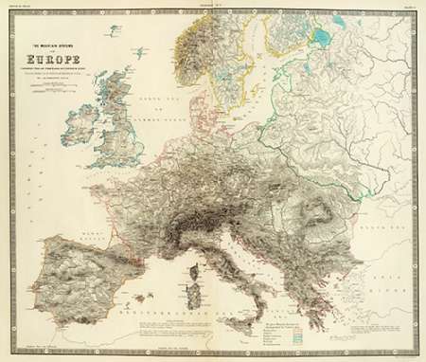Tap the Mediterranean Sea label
(x=161, y=309)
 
